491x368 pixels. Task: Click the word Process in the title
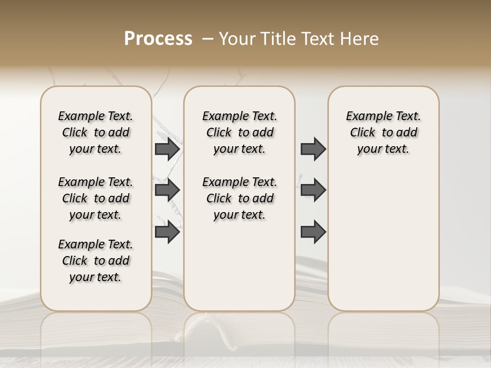[158, 39]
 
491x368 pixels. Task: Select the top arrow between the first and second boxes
[167, 149]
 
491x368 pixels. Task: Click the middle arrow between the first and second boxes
[167, 190]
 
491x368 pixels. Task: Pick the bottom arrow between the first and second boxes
[167, 232]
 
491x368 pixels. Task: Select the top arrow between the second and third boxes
[313, 149]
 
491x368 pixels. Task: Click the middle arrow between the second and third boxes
[313, 190]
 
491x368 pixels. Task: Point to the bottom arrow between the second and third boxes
[313, 232]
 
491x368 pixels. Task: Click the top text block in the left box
[96, 132]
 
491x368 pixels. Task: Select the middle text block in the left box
[96, 198]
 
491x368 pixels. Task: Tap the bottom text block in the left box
[96, 261]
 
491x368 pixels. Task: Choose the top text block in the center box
[239, 132]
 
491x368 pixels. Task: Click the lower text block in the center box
[239, 198]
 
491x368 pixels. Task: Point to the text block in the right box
[383, 132]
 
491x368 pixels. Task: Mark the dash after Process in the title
[208, 39]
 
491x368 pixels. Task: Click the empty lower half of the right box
[383, 245]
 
